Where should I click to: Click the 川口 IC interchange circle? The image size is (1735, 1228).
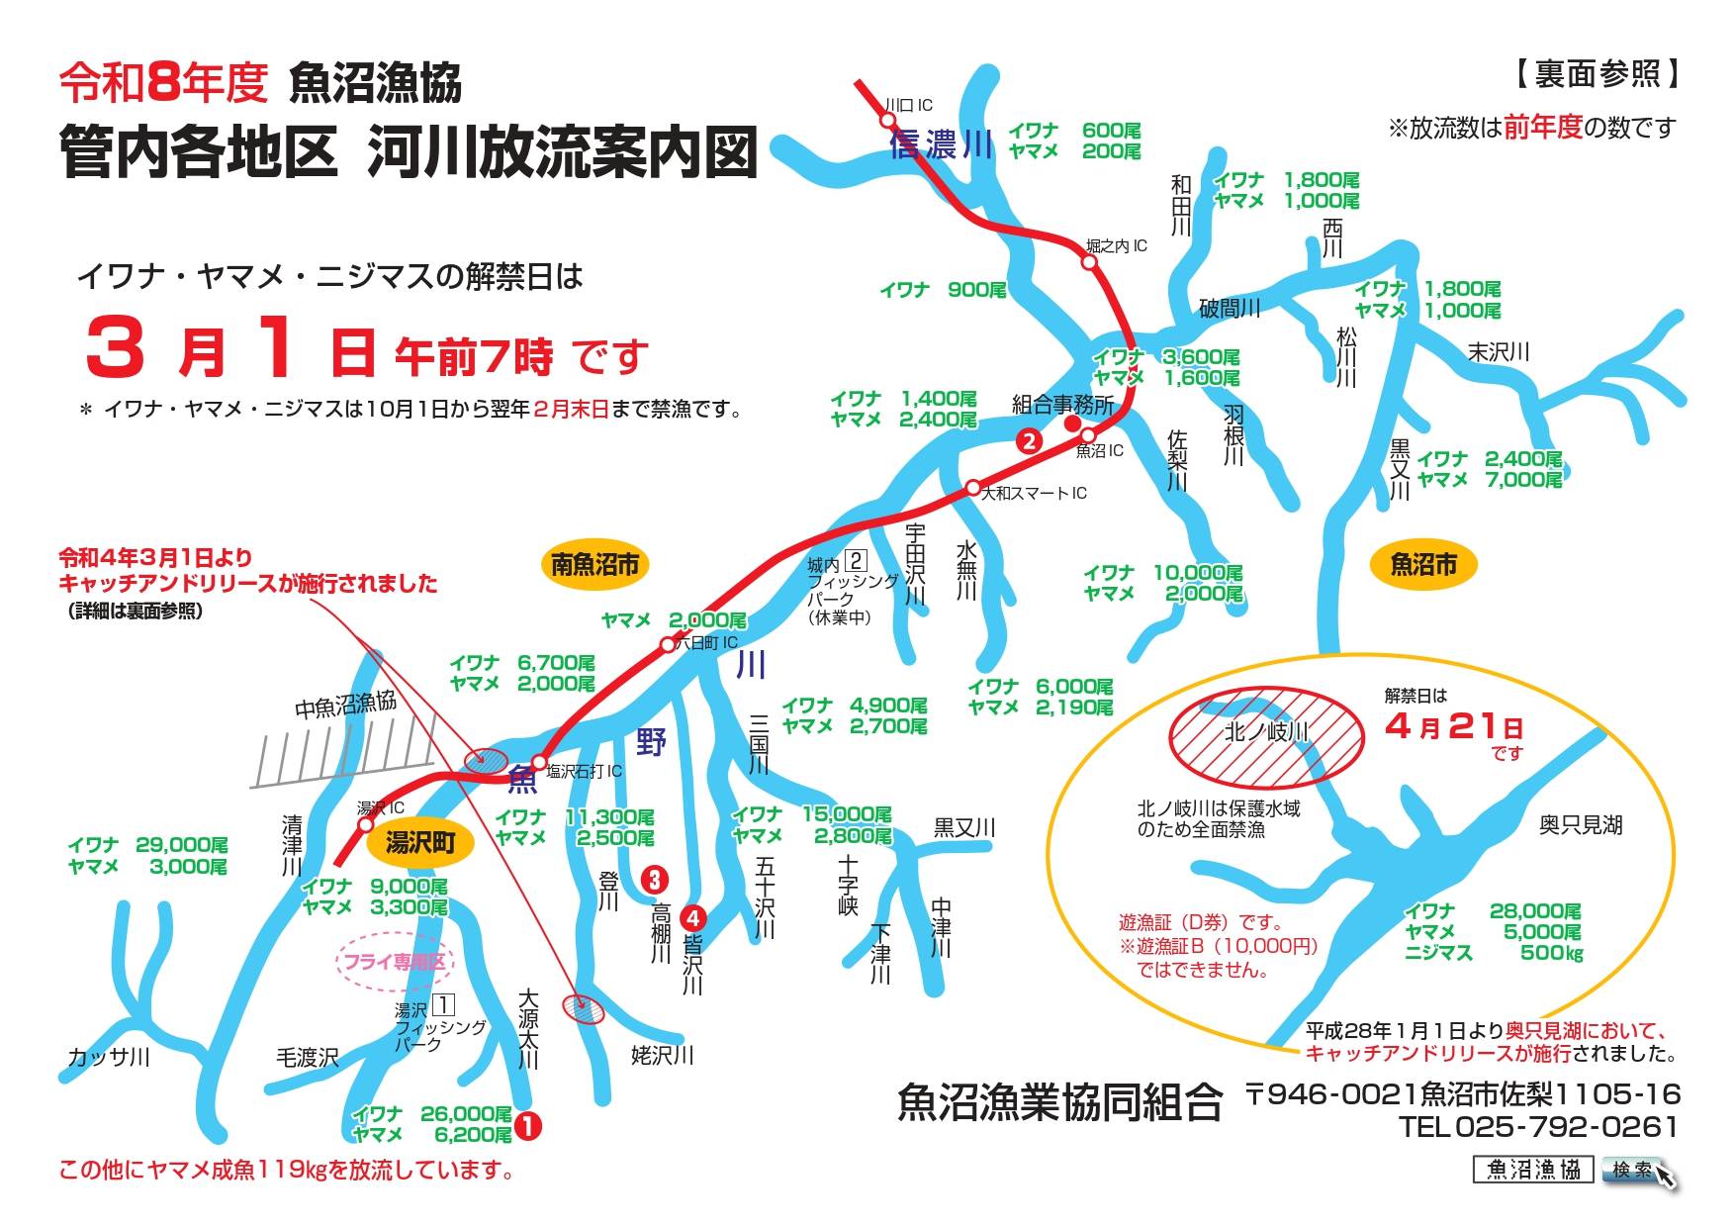coord(886,120)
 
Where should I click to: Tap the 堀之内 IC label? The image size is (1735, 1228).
coord(1116,245)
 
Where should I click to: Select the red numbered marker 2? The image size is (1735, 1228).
coord(1030,441)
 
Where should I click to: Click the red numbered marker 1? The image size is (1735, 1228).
coord(528,1125)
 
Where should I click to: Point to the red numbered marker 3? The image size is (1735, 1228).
coord(654,879)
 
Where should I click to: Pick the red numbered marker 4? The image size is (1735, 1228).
coord(692,917)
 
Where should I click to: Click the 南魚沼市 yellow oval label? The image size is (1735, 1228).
coord(594,565)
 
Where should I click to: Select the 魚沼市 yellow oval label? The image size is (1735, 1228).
coord(1423,564)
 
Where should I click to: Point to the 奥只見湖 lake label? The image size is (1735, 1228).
coord(1580,824)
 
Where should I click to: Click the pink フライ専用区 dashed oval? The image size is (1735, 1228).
coord(394,961)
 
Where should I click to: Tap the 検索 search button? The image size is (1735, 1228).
coord(1633,1171)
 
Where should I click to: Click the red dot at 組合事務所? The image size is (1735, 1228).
coord(1071,424)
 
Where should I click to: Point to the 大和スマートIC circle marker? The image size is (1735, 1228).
coord(973,488)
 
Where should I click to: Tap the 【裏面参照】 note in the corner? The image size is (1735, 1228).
coord(1596,73)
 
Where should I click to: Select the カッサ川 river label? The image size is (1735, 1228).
coord(109,1057)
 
